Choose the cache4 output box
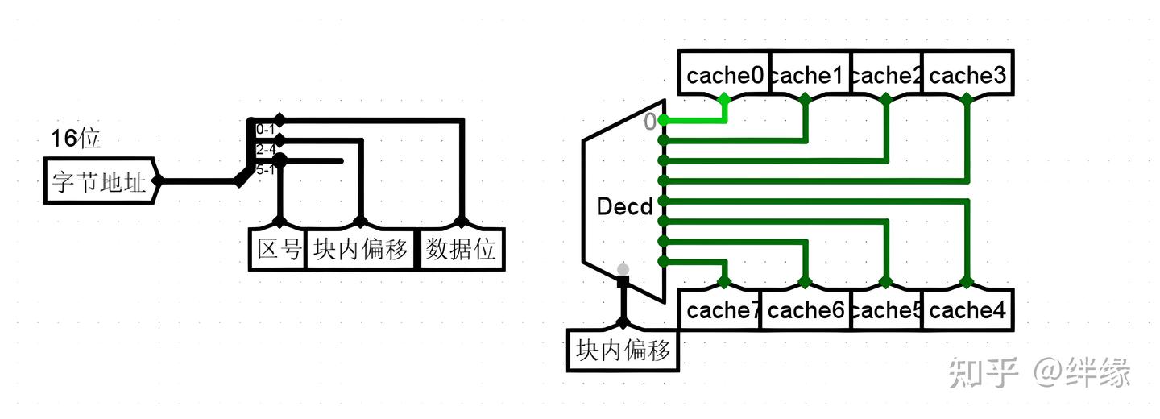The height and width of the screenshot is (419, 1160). (967, 310)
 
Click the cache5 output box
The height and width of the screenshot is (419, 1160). (886, 310)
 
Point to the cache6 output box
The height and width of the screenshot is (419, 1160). (806, 310)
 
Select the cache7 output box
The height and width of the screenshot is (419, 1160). (722, 310)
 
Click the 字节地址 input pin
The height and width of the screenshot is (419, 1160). (100, 181)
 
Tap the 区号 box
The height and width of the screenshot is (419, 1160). (278, 250)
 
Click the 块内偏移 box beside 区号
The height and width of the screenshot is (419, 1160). (361, 250)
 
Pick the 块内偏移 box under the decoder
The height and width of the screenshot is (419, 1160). (623, 351)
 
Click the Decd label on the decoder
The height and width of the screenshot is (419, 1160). (624, 207)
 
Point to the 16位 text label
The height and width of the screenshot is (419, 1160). (76, 139)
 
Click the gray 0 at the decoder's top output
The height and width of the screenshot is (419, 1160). (649, 122)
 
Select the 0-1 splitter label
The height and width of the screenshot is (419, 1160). (265, 129)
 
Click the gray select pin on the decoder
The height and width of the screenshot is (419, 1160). (622, 269)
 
